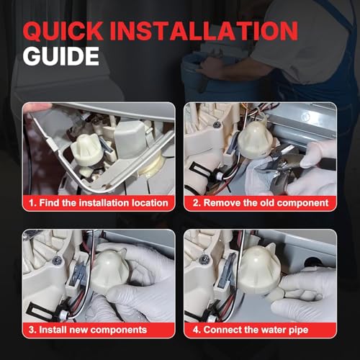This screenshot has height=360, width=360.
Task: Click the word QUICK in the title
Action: [63, 31]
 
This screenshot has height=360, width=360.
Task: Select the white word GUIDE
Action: [61, 56]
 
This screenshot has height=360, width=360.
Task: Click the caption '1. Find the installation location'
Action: [99, 203]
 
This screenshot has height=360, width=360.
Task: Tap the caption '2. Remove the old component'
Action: [261, 203]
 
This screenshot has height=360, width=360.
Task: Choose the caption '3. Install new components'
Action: [88, 330]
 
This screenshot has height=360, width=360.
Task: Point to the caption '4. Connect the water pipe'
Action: [251, 330]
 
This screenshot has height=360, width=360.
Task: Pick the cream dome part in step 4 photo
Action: [260, 269]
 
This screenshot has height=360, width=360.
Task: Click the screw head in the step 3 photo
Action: [57, 260]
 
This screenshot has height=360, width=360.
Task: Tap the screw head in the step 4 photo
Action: [204, 258]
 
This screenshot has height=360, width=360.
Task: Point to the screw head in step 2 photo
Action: [217, 125]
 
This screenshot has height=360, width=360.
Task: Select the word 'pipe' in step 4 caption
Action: [298, 330]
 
